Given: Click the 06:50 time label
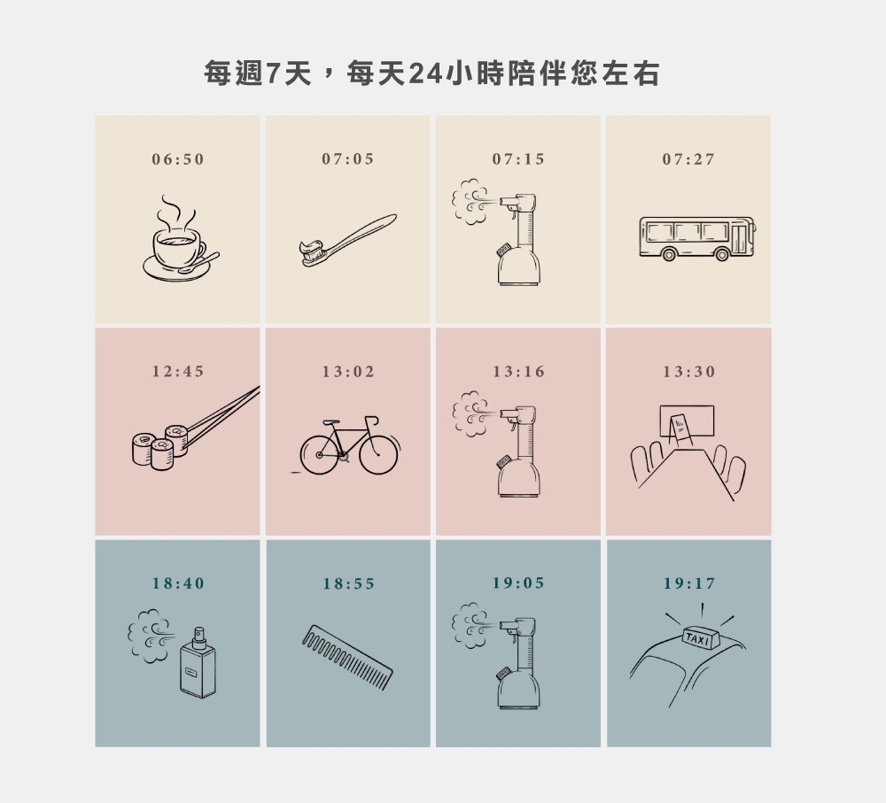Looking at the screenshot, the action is tap(177, 159).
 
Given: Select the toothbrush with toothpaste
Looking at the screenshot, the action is tap(347, 240).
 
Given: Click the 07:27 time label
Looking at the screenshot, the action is tap(688, 159).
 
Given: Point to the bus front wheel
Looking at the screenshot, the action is tap(722, 254).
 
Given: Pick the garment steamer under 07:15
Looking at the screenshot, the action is tap(517, 239).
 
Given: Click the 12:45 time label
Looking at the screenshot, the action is tap(177, 371).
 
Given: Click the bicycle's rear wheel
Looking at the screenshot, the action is tap(319, 454).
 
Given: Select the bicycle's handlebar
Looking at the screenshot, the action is tap(372, 421).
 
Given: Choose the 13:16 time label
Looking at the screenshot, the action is tap(518, 372).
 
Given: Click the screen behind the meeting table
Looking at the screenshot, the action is tap(687, 421).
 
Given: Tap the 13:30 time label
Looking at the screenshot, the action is tap(688, 372).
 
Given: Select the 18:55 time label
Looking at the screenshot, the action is tap(348, 583).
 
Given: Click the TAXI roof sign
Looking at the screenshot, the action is tap(701, 638).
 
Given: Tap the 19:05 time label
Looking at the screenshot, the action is tap(518, 583).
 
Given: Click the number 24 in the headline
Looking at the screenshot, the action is tap(424, 73).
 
